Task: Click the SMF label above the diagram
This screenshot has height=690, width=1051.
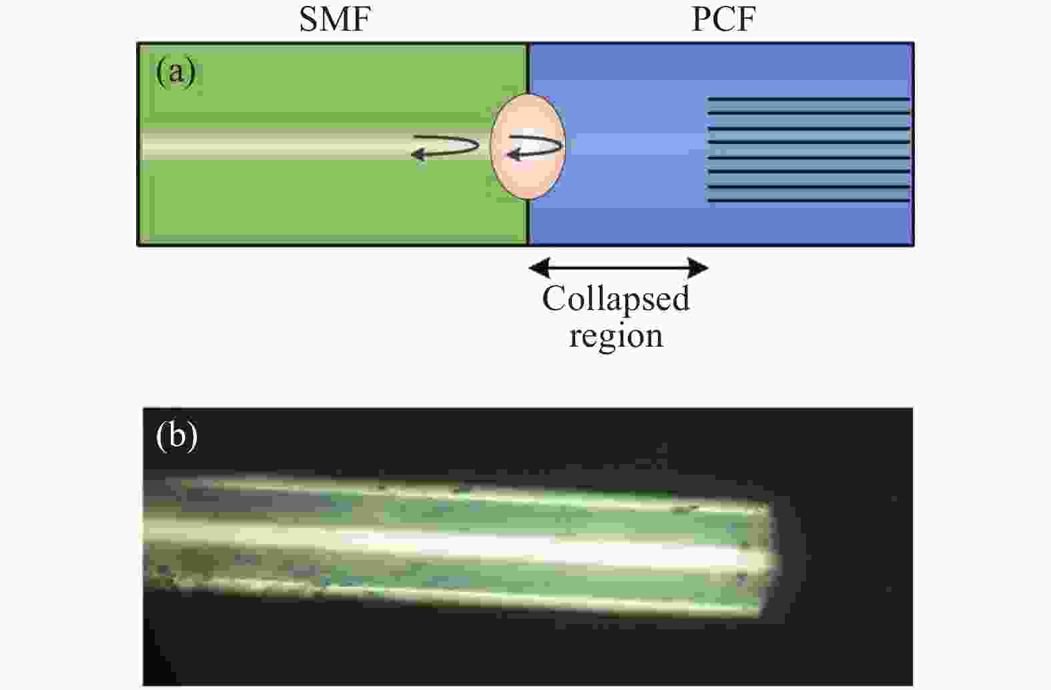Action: (x=335, y=20)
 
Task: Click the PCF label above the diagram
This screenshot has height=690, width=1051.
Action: (x=723, y=20)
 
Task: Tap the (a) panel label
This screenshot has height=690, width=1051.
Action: (x=176, y=72)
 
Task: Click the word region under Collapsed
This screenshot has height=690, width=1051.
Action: (x=615, y=335)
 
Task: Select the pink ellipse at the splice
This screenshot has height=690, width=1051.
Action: (x=528, y=147)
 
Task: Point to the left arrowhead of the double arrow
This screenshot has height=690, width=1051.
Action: (x=539, y=267)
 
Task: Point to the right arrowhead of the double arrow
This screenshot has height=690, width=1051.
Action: (x=698, y=267)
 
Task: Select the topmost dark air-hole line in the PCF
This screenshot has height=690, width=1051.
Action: (x=808, y=99)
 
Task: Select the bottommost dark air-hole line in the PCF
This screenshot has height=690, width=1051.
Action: (x=808, y=201)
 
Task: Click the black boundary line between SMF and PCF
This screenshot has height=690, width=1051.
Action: (x=529, y=145)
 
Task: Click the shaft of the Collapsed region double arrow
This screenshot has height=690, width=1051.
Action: (x=619, y=267)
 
